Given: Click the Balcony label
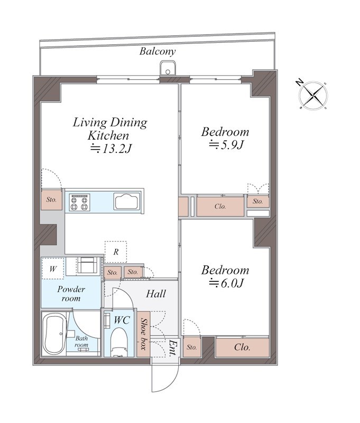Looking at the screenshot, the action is point(157,51).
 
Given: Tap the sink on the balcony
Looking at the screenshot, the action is point(168,68).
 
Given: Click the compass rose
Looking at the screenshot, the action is point(313,95).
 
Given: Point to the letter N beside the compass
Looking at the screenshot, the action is point(299,83).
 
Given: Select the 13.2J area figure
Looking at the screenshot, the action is point(111,149).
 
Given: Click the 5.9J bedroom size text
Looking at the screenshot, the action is point(226,145).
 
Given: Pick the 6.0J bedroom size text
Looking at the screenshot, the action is point(226,283).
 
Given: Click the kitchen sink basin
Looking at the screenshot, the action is point(127,201).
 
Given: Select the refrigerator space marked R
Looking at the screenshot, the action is point(116,252).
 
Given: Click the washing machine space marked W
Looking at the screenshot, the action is point(53,269).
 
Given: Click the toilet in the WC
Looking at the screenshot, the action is point(119,342).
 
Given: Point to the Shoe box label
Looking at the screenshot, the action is point(144,334).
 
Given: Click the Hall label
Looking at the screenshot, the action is point(156,294).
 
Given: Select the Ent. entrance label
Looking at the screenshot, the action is point(172,347).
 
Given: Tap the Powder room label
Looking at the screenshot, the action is point(71,294).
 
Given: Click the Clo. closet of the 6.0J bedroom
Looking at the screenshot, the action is point(243,347).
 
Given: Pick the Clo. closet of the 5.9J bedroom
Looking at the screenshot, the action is point(220,206).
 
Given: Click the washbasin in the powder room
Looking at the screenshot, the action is point(88,265).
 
